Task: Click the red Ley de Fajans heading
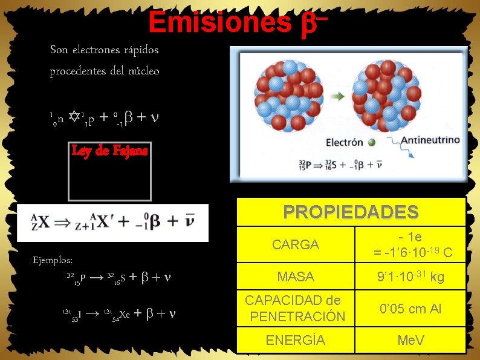tap(109, 151)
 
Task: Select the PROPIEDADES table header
tap(351, 212)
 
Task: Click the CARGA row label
tap(295, 245)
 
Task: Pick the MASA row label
tap(295, 277)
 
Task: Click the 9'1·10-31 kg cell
tap(410, 277)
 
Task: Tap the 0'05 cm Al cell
tap(410, 309)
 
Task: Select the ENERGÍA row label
tap(295, 340)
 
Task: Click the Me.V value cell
tap(410, 340)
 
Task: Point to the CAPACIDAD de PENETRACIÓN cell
tap(295, 309)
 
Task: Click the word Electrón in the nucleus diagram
tap(345, 143)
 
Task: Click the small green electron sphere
tap(372, 143)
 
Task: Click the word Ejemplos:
tap(53, 260)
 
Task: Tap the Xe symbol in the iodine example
tap(124, 315)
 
